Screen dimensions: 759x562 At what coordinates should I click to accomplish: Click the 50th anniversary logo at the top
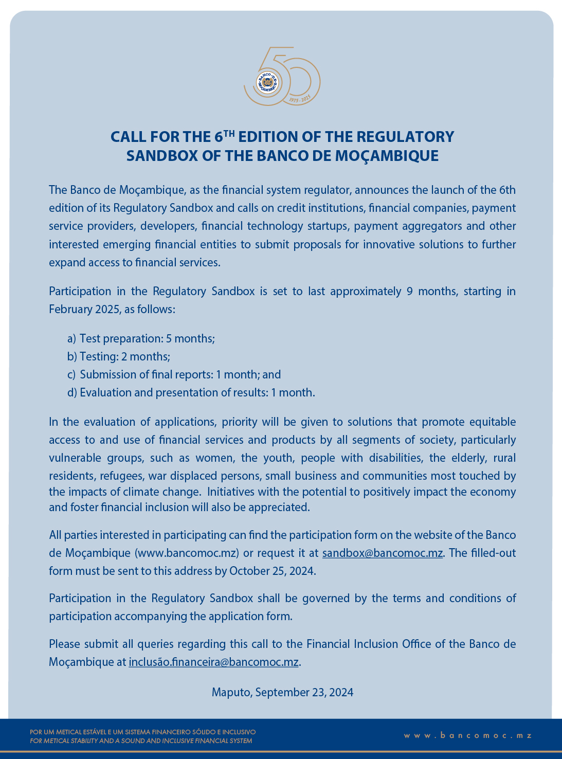tap(282, 77)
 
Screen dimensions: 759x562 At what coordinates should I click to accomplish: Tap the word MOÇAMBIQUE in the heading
tap(387, 156)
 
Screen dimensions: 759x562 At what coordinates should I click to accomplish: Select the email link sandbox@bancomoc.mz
tap(382, 553)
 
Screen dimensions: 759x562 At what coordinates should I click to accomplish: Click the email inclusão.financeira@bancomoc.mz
tap(213, 662)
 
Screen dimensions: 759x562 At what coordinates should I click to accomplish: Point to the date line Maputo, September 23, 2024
tap(282, 692)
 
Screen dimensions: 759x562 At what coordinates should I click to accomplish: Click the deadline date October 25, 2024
tap(272, 571)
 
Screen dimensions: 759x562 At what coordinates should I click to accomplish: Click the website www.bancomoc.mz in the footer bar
tap(467, 736)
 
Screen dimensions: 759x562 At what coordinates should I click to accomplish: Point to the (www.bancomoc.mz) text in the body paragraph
tap(187, 553)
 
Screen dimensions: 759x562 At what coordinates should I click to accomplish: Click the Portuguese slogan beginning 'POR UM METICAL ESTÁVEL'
tap(142, 732)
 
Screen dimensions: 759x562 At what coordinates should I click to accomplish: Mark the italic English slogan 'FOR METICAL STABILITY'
tap(141, 741)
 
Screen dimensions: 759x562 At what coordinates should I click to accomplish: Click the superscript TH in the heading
tap(230, 133)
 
